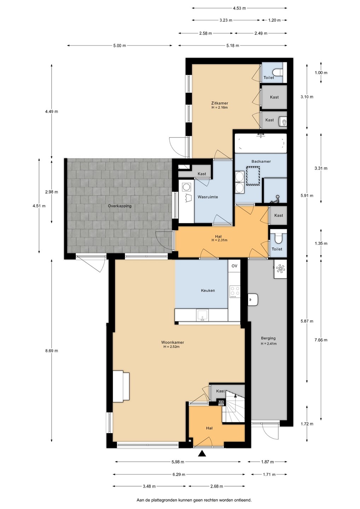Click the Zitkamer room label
[220, 103]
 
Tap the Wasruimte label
[208, 197]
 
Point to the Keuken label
[208, 291]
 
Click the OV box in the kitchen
[234, 266]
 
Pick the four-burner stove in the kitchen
[235, 292]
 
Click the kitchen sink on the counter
[202, 315]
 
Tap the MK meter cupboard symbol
[221, 402]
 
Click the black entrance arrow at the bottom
[202, 454]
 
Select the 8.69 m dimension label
[52, 351]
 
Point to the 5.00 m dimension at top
[120, 46]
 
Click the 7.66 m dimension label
[321, 340]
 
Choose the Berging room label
[268, 338]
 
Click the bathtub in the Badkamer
[261, 143]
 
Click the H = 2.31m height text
[219, 240]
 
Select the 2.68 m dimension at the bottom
[216, 486]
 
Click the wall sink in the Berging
[253, 299]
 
